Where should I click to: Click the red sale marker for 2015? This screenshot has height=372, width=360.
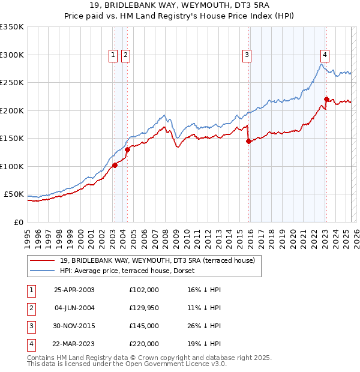248,142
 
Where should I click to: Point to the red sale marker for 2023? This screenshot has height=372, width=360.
326,100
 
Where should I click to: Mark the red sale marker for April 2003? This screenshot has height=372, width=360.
115,166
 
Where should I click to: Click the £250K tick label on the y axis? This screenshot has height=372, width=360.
12,83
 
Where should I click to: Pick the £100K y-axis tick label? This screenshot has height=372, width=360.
12,166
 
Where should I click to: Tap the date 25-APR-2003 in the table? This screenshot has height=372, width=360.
74,290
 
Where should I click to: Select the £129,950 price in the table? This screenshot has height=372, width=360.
144,308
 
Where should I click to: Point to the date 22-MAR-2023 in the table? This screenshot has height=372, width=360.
74,344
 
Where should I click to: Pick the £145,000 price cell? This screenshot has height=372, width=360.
144,326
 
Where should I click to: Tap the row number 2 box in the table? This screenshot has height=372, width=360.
30,308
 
